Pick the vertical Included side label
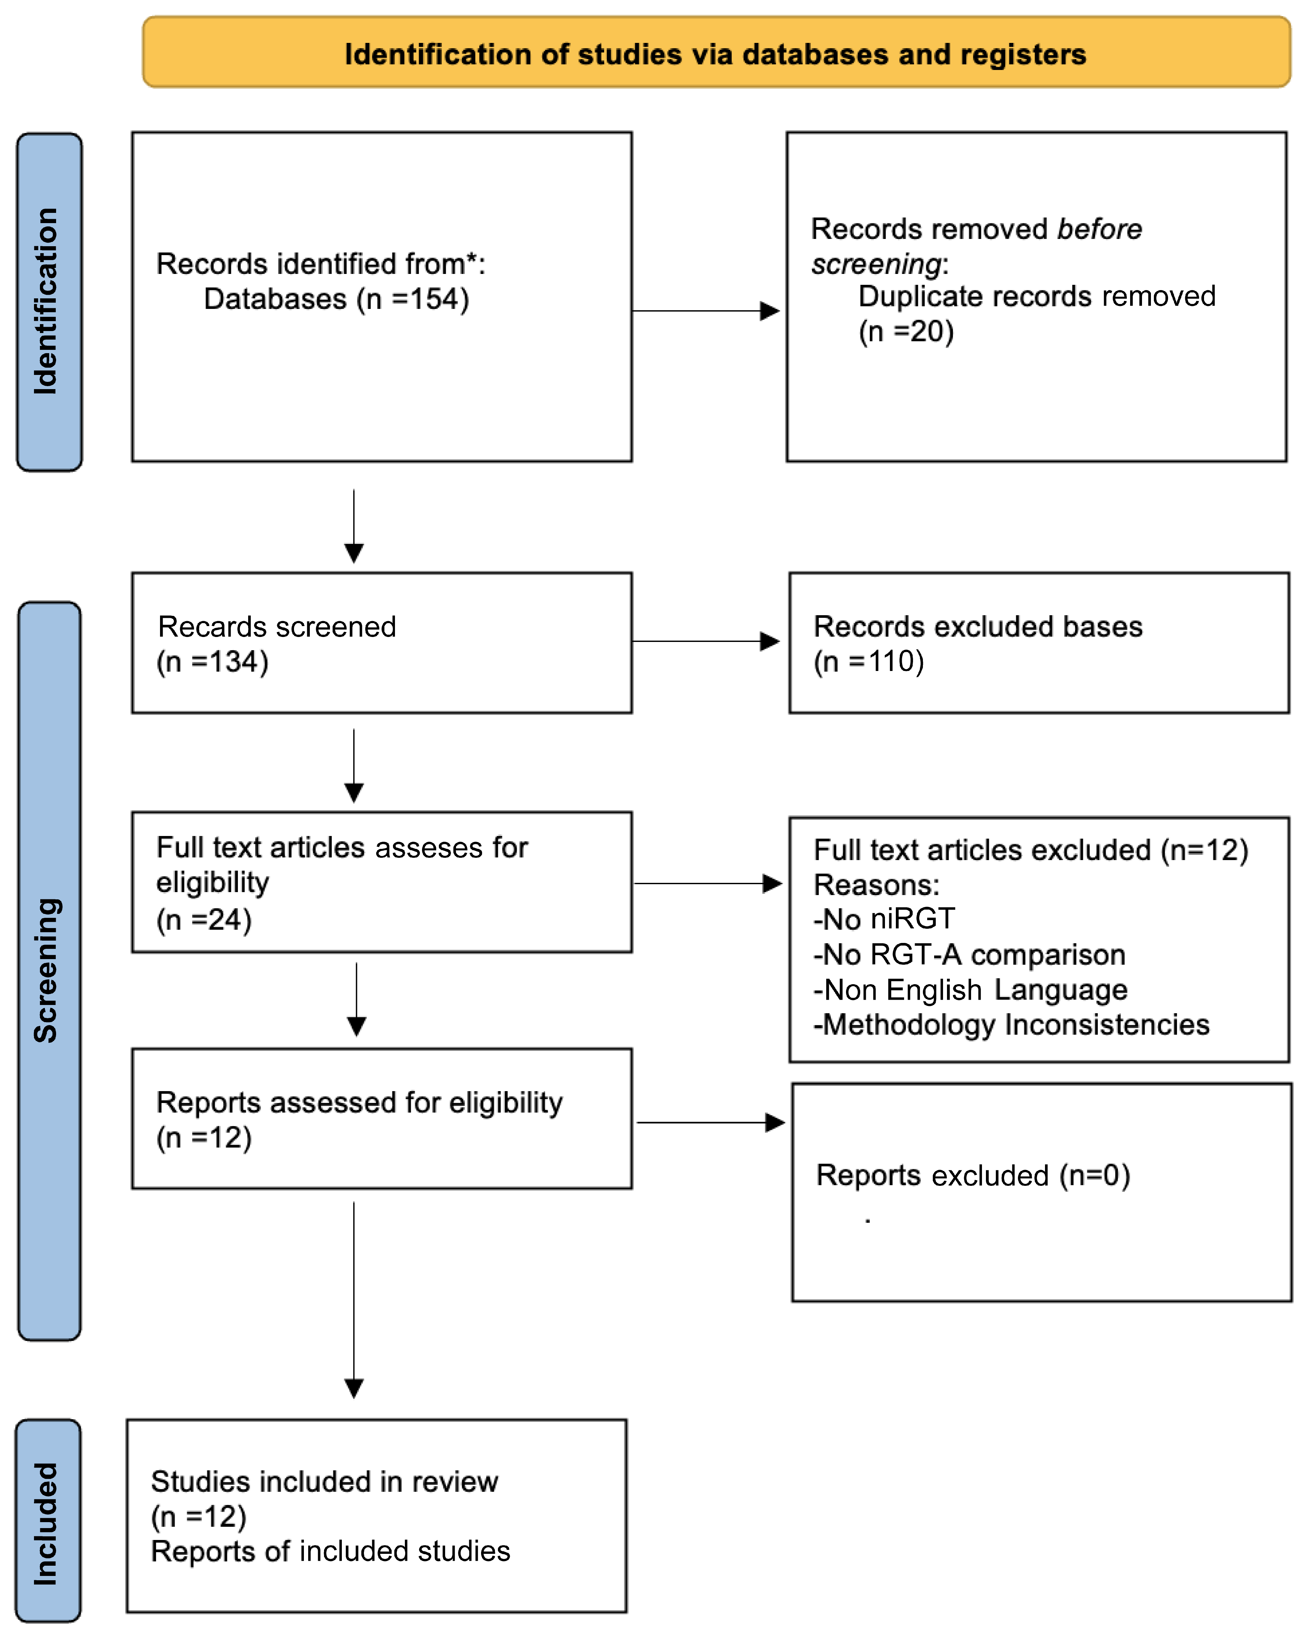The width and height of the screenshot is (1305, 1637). pyautogui.click(x=47, y=1522)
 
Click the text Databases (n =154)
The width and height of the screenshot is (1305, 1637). pyautogui.click(x=336, y=299)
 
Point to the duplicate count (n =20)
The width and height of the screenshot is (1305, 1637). pyautogui.click(x=906, y=332)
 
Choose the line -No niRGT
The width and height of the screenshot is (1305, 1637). pyautogui.click(x=884, y=919)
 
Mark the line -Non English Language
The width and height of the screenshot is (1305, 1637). pyautogui.click(x=970, y=990)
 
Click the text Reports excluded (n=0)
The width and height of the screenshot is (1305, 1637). pyautogui.click(x=972, y=1175)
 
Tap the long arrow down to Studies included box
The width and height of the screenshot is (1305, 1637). pyautogui.click(x=354, y=1298)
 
